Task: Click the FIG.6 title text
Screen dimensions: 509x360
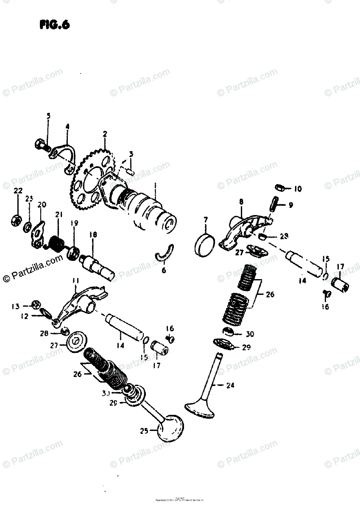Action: pyautogui.click(x=55, y=25)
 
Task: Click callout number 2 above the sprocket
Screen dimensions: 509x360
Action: pyautogui.click(x=104, y=135)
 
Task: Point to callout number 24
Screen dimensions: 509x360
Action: pyautogui.click(x=230, y=386)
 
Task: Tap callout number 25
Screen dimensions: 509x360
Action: pyautogui.click(x=144, y=431)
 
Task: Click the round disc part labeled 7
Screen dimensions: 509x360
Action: pyautogui.click(x=205, y=245)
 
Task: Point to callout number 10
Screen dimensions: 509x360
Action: pyautogui.click(x=298, y=188)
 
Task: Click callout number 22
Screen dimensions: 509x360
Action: pyautogui.click(x=17, y=191)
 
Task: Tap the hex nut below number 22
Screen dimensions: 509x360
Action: pyautogui.click(x=16, y=221)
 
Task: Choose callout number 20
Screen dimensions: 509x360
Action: pyautogui.click(x=42, y=205)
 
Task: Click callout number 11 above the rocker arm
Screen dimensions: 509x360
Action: pyautogui.click(x=75, y=280)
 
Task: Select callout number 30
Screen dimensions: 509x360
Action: pyautogui.click(x=250, y=334)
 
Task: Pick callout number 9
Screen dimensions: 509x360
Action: pyautogui.click(x=290, y=205)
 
